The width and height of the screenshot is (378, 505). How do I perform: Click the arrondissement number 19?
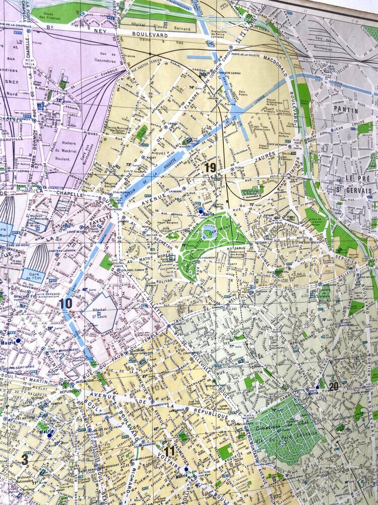(x=210, y=167)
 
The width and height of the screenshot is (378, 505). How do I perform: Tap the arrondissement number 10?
(x=65, y=304)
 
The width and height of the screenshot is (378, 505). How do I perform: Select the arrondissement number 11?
(x=169, y=451)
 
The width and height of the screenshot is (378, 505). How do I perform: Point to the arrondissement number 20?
(x=333, y=386)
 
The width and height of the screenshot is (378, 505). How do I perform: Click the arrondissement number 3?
(x=24, y=460)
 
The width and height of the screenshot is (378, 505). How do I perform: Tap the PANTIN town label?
(x=345, y=110)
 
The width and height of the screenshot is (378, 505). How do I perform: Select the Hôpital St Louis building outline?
(x=100, y=313)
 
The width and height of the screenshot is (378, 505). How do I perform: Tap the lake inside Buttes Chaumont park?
(x=208, y=233)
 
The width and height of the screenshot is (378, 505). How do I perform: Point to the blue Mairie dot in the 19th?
(x=201, y=210)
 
